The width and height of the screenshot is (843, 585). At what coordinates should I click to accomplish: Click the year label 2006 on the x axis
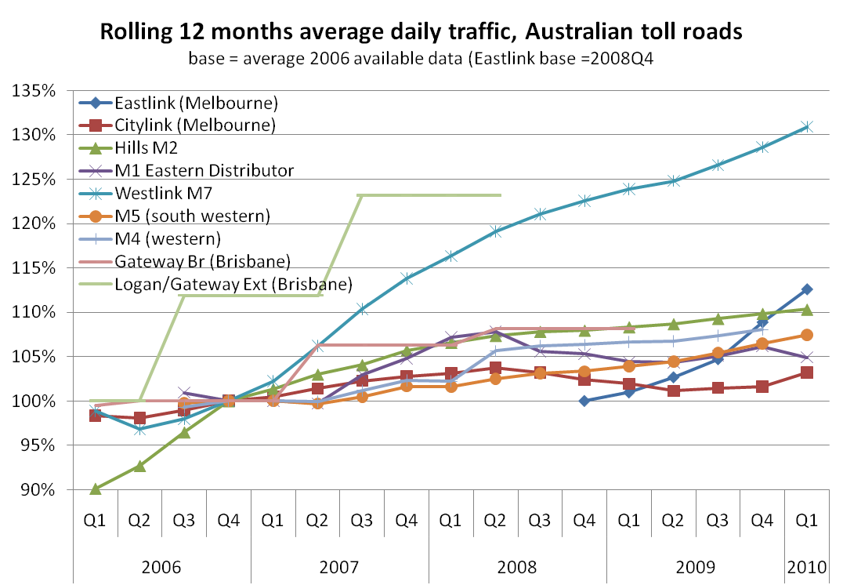point(161,566)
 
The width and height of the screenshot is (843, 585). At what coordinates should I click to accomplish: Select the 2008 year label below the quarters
point(517,566)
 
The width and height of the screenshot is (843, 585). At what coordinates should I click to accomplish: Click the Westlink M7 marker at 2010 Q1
point(807,126)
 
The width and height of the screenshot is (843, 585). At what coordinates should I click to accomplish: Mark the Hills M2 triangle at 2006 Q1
point(95,489)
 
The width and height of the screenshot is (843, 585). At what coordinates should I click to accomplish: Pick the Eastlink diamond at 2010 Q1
point(807,289)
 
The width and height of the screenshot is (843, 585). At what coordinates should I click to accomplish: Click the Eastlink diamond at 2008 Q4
point(584,401)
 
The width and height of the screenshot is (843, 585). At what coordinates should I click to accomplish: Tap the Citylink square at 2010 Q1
point(807,372)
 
